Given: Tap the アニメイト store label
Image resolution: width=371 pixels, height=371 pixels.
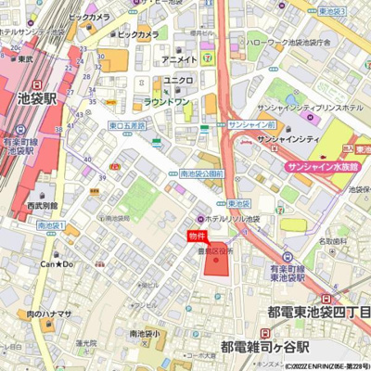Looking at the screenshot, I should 179,59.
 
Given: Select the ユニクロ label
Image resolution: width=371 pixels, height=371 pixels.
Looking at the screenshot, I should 178,81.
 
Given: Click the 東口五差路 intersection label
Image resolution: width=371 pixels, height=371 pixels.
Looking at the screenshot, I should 126,124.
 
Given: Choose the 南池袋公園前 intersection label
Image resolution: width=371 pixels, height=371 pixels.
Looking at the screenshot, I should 202,173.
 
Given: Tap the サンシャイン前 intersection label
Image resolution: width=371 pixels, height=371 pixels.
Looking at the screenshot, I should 251,123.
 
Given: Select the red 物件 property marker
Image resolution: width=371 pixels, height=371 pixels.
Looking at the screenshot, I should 198,237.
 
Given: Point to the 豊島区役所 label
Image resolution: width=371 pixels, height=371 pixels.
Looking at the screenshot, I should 216,251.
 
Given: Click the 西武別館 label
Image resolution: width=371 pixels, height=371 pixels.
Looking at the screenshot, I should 42,206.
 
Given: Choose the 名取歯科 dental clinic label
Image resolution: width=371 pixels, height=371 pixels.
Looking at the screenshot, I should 332,241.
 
